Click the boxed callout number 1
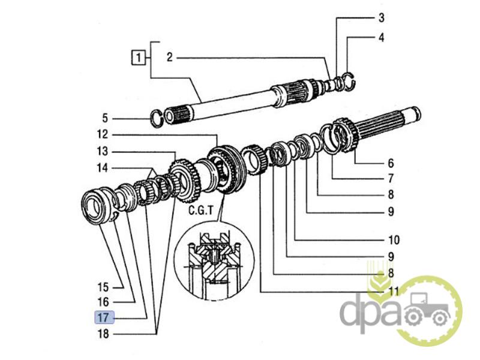tap(139, 58)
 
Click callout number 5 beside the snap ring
tap(104, 117)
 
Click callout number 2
tap(169, 58)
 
